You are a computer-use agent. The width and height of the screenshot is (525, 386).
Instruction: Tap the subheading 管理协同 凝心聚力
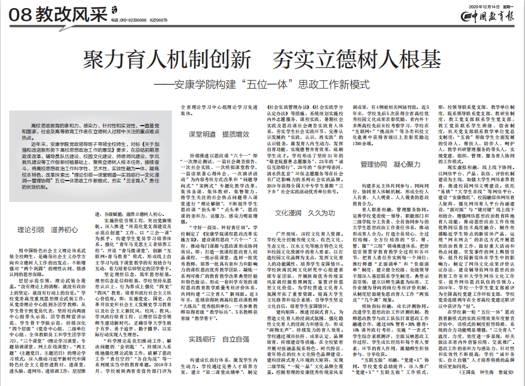pos(389,164)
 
